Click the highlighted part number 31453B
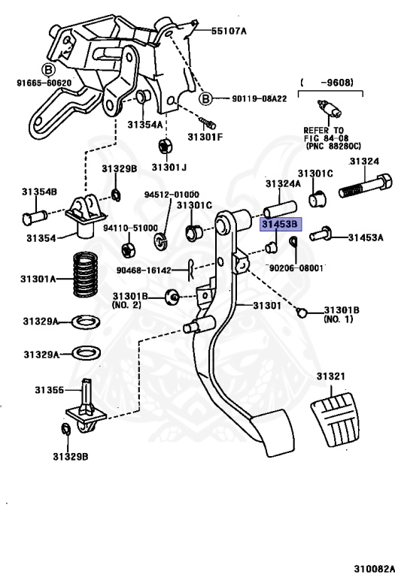281,224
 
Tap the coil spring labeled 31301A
86,273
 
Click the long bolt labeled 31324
365,186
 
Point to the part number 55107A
229,31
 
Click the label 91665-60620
44,83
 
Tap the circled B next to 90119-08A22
205,99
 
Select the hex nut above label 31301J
164,147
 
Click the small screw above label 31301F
208,122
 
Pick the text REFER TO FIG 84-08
324,134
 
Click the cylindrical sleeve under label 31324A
281,209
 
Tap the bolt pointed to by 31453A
321,234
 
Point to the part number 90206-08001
296,268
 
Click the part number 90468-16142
144,270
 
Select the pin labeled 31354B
35,216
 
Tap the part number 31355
50,390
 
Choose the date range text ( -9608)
327,83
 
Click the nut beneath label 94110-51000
128,250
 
